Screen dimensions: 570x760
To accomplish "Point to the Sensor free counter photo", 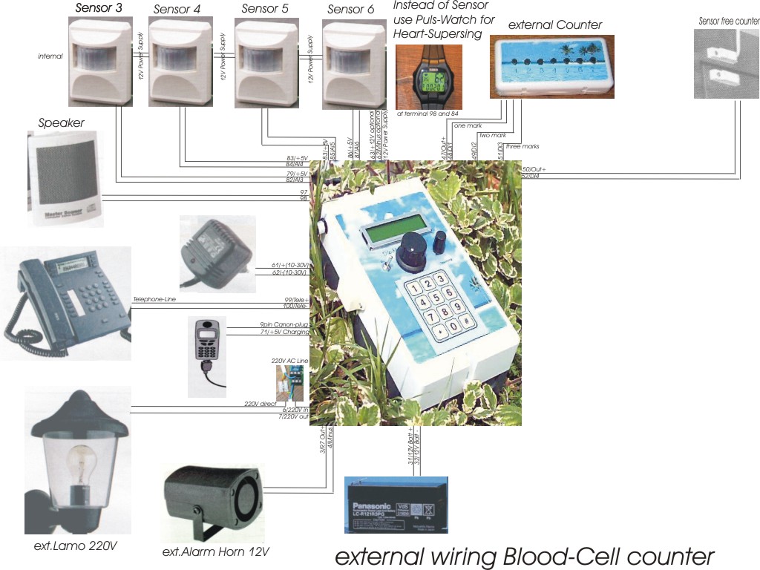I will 726,62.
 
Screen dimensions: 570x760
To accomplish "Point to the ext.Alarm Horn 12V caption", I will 215,551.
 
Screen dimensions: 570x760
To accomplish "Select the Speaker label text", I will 61,123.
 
